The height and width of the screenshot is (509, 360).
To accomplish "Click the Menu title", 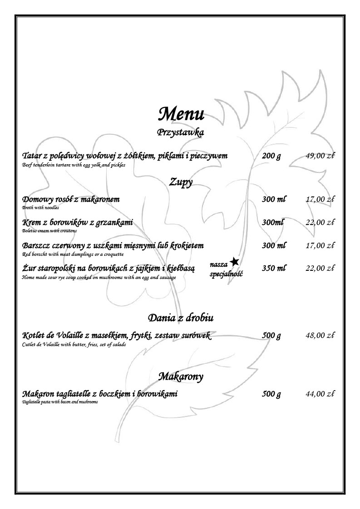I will (x=180, y=113).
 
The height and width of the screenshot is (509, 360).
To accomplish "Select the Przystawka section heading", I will (x=180, y=132).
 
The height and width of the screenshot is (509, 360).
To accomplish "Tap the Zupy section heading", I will (x=181, y=182).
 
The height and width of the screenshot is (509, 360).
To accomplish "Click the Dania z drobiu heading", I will (x=181, y=318).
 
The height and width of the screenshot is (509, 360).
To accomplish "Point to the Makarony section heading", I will (x=181, y=376).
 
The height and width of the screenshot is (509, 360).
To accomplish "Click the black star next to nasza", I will (x=234, y=261).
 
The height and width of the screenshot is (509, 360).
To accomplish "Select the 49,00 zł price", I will (x=320, y=156).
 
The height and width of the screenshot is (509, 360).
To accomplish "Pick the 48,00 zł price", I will (x=320, y=336).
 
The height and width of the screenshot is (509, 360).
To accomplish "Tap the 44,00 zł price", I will (x=320, y=394).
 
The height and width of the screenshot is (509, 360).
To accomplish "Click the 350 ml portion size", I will (x=274, y=268).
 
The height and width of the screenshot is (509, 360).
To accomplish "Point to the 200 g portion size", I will (x=271, y=156).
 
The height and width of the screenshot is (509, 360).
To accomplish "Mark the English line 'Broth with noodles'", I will (x=40, y=207).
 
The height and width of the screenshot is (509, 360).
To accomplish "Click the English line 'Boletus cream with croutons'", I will (x=49, y=230).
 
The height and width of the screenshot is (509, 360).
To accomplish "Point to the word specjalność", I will (x=226, y=274).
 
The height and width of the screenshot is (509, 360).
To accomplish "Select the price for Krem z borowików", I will (x=320, y=222).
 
